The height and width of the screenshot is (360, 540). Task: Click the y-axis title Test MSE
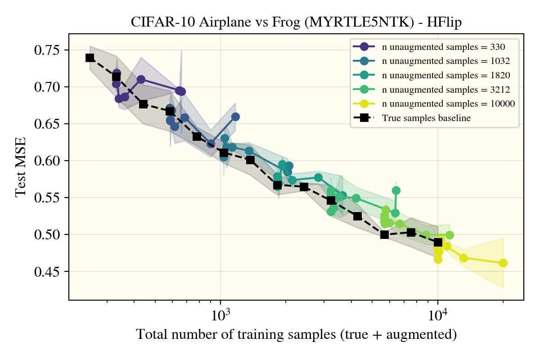[21, 166]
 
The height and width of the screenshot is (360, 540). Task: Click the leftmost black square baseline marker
[90, 58]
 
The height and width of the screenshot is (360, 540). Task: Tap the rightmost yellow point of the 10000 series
[503, 263]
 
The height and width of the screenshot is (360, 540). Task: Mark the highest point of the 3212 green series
[396, 190]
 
